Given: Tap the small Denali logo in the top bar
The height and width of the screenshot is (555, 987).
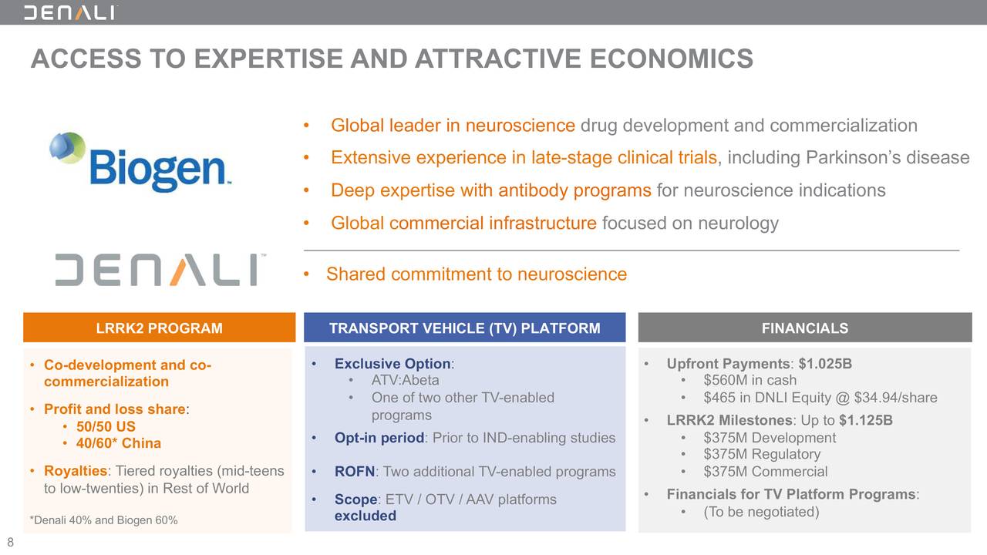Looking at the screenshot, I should (x=70, y=12).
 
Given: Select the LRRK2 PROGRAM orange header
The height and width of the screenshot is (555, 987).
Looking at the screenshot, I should (x=159, y=328).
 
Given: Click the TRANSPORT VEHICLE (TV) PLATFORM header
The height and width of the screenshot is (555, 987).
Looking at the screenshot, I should (x=464, y=328).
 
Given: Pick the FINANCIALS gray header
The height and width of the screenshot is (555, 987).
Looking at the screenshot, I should (x=804, y=328).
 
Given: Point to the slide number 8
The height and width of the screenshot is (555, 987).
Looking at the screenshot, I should (x=10, y=542).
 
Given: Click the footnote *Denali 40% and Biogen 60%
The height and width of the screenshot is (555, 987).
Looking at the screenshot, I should (x=103, y=520).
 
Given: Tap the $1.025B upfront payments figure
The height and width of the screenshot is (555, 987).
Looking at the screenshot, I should (x=825, y=364).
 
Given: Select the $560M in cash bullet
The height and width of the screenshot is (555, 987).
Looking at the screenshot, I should (x=750, y=380).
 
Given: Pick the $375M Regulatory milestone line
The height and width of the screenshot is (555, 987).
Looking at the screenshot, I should (x=761, y=454).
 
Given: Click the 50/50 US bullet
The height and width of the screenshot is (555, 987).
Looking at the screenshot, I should (x=106, y=426).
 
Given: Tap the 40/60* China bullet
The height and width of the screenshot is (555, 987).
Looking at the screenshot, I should (x=118, y=443).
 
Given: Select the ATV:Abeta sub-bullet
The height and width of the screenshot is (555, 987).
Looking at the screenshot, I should (x=405, y=380).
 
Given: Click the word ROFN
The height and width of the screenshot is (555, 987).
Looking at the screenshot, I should (x=354, y=472).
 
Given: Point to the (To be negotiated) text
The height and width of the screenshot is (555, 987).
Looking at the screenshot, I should (x=760, y=512).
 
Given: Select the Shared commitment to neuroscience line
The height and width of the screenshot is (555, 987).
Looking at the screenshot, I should (x=476, y=274).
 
